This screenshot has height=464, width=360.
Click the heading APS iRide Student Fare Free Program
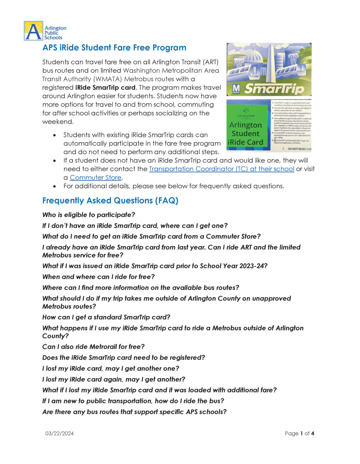point(114,48)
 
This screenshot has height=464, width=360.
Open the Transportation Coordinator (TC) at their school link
point(221,169)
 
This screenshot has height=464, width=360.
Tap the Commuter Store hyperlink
point(96,178)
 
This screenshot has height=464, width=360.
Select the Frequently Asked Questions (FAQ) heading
point(110,201)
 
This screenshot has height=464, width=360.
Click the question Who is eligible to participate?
point(89,215)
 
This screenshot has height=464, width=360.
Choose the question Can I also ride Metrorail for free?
point(93,347)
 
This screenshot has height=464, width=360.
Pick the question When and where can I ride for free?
point(99,277)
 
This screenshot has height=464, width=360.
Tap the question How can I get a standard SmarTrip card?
point(106,317)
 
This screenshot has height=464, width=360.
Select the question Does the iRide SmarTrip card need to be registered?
point(124,358)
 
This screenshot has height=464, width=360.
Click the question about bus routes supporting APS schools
point(135,412)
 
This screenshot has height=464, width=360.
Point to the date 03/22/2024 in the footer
point(60,433)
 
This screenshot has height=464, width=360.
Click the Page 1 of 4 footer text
point(299,433)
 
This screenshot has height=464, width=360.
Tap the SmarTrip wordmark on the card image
point(274,89)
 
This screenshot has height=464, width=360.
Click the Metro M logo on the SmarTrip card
point(236,89)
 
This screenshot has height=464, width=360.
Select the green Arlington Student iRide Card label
point(245,133)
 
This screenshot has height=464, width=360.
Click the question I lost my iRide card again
point(114,379)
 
